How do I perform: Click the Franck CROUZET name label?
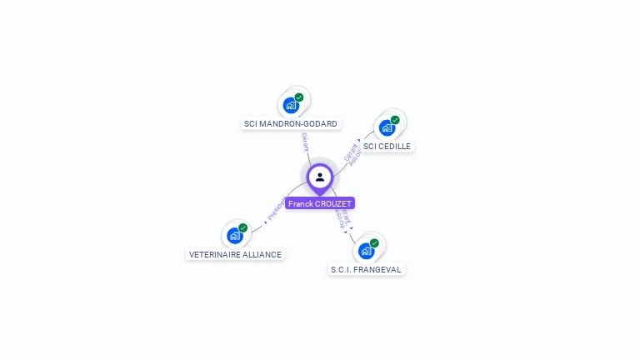[x=320, y=203]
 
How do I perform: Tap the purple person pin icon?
[x=320, y=177]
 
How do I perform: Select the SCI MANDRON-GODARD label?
[x=290, y=124]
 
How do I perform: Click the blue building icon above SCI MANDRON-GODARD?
[x=290, y=105]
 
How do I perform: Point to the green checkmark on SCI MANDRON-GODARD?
[x=299, y=97]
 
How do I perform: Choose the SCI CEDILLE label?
[x=387, y=146]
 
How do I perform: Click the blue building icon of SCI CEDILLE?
[x=387, y=127]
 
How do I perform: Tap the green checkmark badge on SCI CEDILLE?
[x=395, y=120]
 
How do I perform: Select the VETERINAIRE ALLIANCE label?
[x=235, y=254]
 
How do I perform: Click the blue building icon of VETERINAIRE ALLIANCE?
[x=235, y=236]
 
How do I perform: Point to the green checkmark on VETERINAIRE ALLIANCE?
[x=243, y=227]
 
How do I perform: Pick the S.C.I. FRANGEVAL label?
[x=366, y=269]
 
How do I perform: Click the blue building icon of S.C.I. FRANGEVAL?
[x=366, y=250]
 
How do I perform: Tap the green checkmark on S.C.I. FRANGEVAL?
[x=374, y=242]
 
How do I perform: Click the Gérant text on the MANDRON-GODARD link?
[x=305, y=142]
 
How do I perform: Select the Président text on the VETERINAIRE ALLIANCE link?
[x=276, y=208]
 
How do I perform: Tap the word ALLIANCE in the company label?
[x=262, y=254]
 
